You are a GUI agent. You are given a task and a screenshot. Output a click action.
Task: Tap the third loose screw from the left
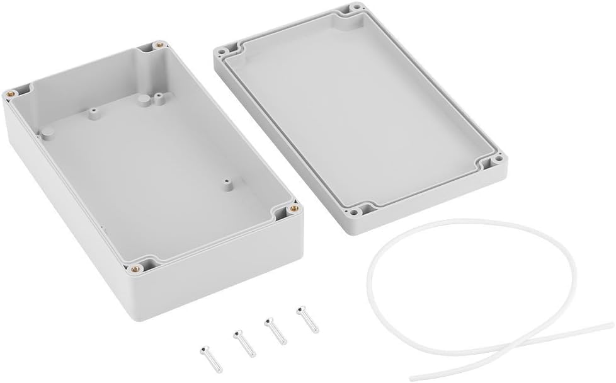pyautogui.click(x=275, y=330)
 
